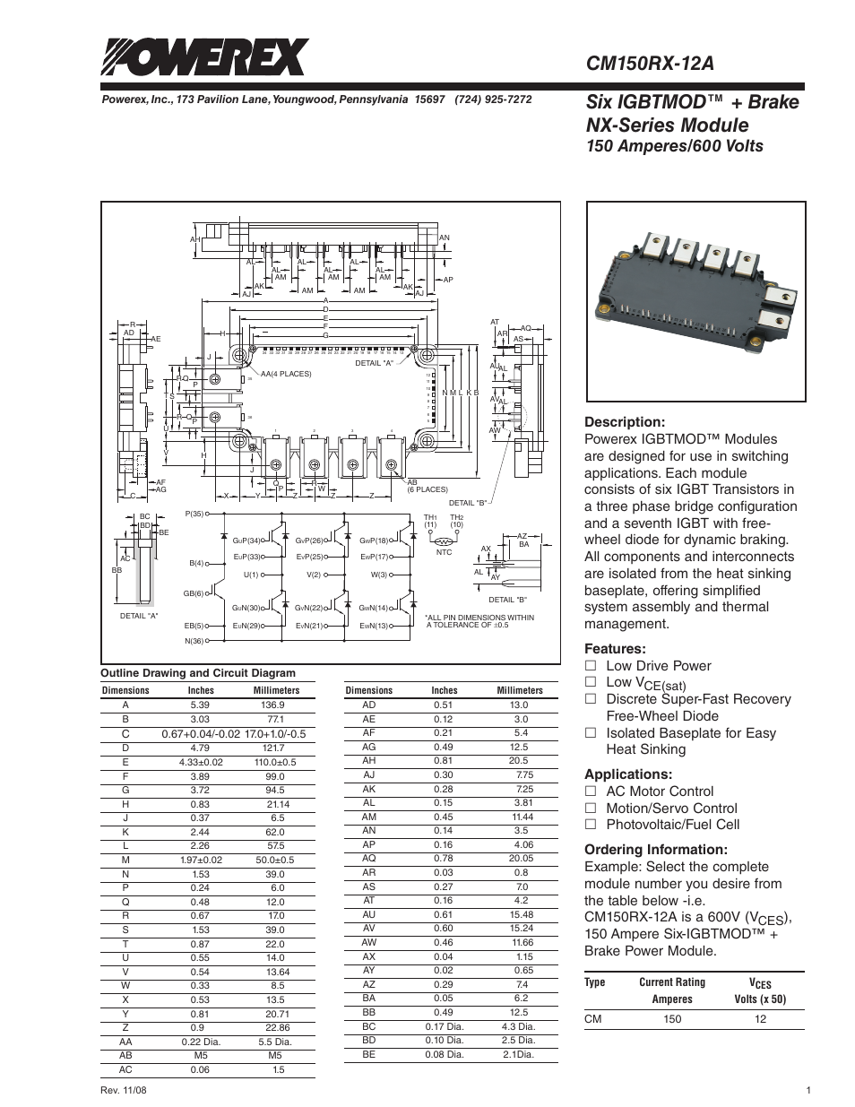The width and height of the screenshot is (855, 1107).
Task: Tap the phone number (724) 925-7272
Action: [493, 99]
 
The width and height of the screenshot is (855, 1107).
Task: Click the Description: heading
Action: [624, 422]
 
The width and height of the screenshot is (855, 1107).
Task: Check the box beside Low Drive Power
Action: [590, 666]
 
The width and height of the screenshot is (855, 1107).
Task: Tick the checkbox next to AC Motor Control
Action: [590, 791]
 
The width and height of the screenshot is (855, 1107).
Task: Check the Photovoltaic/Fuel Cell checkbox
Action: [590, 825]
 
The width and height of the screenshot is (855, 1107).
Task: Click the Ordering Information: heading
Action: [655, 850]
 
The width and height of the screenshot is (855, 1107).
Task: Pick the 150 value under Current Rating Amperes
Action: [672, 1019]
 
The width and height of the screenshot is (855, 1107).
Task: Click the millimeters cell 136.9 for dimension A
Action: [273, 705]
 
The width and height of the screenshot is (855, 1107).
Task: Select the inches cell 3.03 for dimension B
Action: [200, 719]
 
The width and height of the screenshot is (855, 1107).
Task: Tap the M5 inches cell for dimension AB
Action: [200, 1056]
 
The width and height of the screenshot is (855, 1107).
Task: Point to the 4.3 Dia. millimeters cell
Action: [519, 1026]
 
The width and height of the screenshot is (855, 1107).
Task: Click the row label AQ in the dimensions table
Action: [368, 858]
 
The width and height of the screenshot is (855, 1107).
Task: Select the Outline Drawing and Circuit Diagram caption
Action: [197, 673]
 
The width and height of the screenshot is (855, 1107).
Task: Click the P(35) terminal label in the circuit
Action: [194, 514]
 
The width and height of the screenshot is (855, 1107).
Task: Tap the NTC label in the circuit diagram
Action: [445, 553]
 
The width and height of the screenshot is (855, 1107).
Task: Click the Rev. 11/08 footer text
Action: [125, 1091]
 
